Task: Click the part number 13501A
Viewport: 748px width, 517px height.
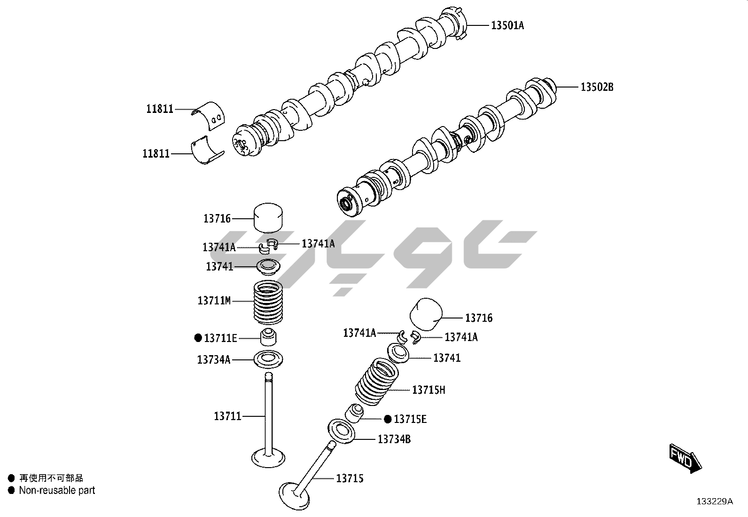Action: click(x=507, y=25)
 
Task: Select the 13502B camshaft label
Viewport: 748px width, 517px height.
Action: click(x=597, y=87)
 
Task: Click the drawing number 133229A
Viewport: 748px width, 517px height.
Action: click(x=715, y=501)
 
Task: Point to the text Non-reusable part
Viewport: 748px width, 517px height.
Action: click(x=57, y=490)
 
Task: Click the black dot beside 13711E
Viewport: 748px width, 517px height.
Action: click(x=198, y=338)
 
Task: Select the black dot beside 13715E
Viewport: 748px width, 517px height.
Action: click(x=388, y=419)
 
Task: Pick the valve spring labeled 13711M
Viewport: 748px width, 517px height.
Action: click(x=268, y=302)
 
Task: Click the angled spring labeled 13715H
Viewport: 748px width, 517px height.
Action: click(x=377, y=382)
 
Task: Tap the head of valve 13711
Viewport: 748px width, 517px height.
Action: click(x=268, y=458)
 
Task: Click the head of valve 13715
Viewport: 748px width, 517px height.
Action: click(x=294, y=496)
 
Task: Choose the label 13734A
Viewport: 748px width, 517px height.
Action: click(x=214, y=359)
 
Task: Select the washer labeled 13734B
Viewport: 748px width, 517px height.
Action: click(x=341, y=431)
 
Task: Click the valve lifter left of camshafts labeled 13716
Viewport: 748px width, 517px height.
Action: click(x=268, y=218)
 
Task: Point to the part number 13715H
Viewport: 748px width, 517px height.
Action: click(x=429, y=390)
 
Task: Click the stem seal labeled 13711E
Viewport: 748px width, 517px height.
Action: click(x=268, y=338)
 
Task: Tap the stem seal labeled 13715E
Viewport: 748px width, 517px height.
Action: click(x=354, y=414)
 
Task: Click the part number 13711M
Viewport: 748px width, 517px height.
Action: click(x=214, y=301)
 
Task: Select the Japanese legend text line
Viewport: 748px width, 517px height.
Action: click(x=51, y=478)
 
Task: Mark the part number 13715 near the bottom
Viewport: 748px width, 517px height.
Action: click(x=350, y=478)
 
